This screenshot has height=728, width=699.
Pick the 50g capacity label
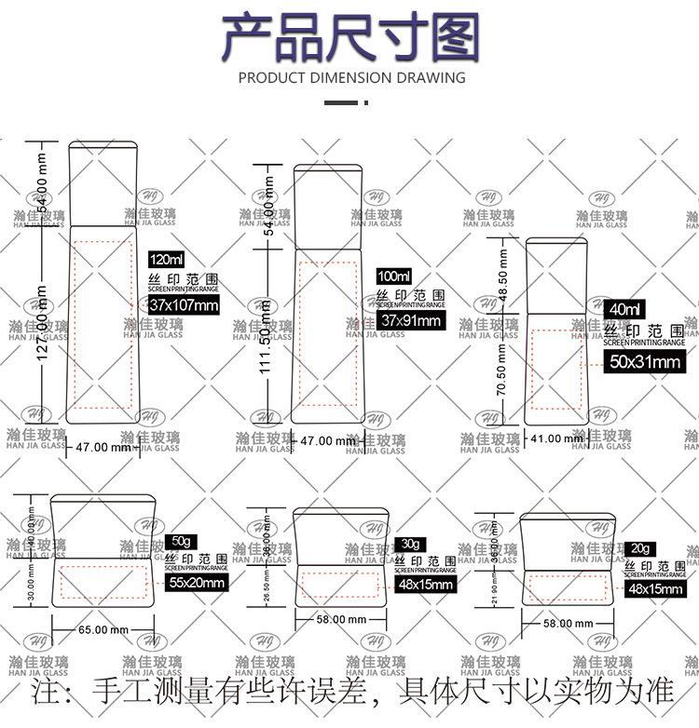[x=181, y=542]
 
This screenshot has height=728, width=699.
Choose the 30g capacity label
[x=409, y=544]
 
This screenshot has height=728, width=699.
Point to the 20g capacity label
[x=640, y=548]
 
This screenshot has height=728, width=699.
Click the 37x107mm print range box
[x=184, y=304]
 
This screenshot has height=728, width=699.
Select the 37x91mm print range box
[x=411, y=320]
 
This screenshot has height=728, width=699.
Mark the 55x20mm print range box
[x=197, y=583]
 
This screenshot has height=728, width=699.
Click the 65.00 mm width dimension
[x=103, y=630]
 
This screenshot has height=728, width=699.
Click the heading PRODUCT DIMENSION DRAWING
[x=351, y=78]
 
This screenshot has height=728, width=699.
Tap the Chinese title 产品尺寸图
[x=350, y=37]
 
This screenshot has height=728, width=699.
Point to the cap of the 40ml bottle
[x=556, y=275]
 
